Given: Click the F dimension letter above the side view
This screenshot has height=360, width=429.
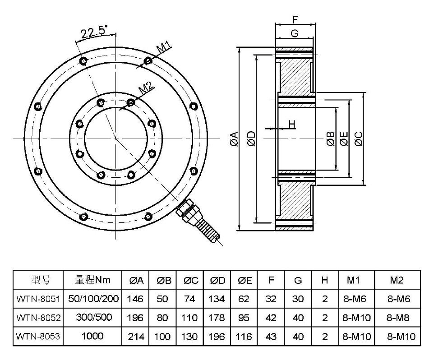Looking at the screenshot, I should click(x=295, y=19).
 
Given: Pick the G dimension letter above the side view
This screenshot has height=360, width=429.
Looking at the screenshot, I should click(x=295, y=33).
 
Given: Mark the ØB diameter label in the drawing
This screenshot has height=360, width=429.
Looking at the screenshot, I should click(x=330, y=139).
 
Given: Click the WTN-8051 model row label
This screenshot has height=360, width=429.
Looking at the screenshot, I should click(x=38, y=299).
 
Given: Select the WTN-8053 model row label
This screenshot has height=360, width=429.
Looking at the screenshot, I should click(x=38, y=336).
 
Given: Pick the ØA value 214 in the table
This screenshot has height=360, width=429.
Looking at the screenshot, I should click(x=136, y=336).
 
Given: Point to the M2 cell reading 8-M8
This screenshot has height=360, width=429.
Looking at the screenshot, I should click(x=397, y=318).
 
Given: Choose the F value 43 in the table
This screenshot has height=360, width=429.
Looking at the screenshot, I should click(x=271, y=336).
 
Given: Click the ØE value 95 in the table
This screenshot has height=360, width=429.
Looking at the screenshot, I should click(x=244, y=318).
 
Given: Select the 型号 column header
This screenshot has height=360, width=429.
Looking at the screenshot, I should click(x=38, y=280).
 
